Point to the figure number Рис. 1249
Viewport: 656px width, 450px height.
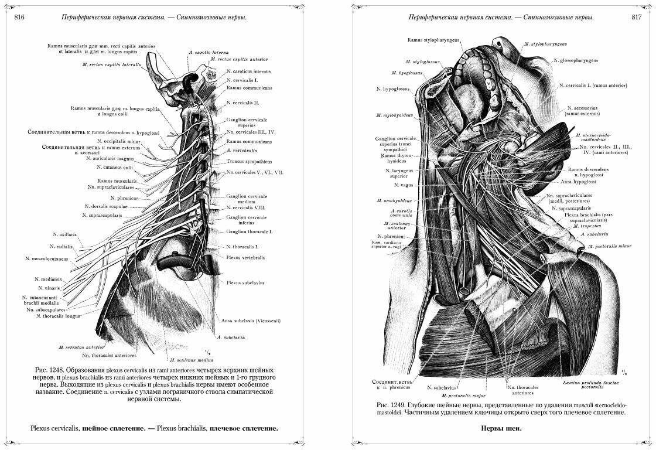click(389, 405)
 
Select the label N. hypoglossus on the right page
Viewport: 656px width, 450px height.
click(395, 89)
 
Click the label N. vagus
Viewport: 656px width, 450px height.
click(404, 185)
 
